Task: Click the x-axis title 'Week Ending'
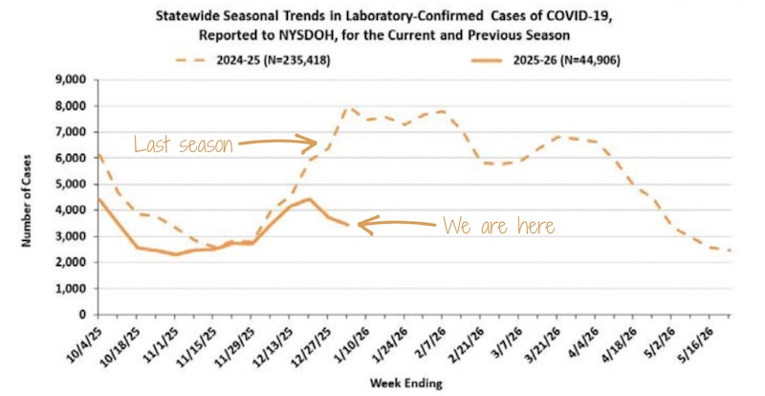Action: [406, 383]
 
